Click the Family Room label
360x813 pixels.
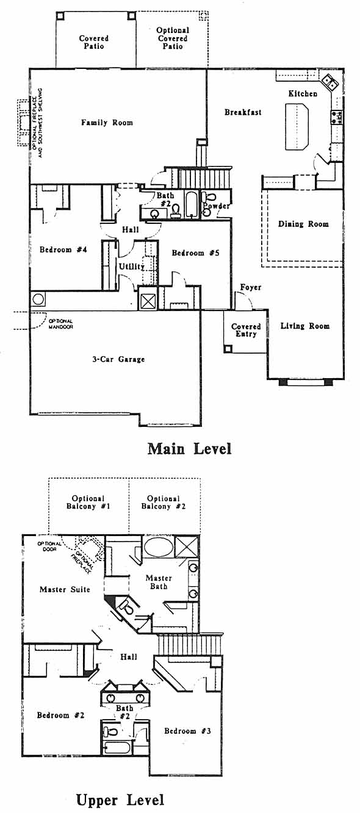[107, 123]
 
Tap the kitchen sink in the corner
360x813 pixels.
[330, 82]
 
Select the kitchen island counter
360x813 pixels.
[297, 126]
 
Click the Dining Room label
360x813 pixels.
[303, 224]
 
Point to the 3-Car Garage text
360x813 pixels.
[118, 359]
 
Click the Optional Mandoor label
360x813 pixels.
[60, 324]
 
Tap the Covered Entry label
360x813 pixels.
[246, 330]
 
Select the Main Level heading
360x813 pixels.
[189, 449]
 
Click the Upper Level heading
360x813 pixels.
[120, 800]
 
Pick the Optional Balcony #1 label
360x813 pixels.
[88, 503]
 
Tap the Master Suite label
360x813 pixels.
[65, 589]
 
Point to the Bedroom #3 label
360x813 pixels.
[187, 731]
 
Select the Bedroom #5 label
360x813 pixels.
[195, 253]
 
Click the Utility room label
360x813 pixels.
[132, 267]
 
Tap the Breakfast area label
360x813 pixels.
[243, 112]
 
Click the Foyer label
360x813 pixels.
[251, 287]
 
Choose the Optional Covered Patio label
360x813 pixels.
[173, 38]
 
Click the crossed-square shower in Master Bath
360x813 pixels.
[186, 546]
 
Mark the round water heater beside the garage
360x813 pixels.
[38, 300]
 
